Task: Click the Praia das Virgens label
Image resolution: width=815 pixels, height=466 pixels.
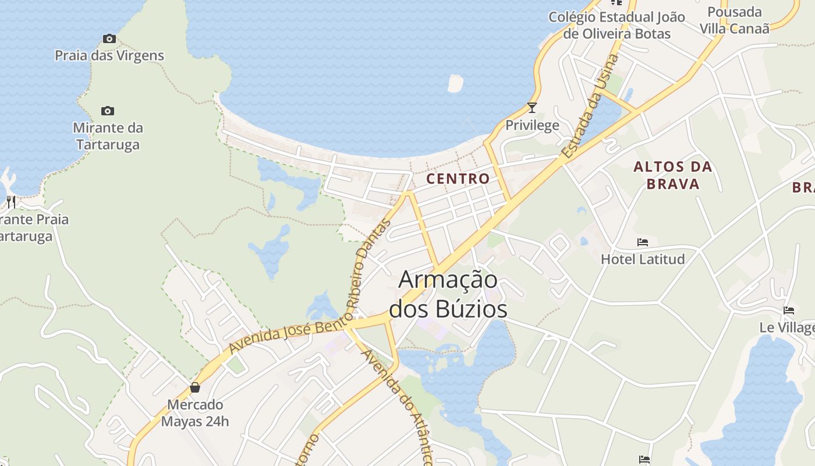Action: [x=109, y=56]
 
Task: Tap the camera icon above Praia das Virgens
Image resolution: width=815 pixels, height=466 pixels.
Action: [x=109, y=39]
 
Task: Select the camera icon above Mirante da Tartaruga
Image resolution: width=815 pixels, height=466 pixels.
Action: [x=108, y=111]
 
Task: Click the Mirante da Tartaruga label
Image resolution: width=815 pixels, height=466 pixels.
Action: [x=108, y=136]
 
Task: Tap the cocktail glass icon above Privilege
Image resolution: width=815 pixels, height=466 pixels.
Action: [x=531, y=107]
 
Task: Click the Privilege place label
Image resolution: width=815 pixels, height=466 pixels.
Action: [x=531, y=125]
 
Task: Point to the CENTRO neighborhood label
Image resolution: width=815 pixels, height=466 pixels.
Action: [x=458, y=179]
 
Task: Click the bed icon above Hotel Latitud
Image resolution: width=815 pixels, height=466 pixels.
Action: [x=643, y=242]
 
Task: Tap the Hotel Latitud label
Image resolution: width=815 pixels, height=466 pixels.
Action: [x=643, y=259]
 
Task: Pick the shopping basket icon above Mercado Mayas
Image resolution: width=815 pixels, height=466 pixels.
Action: [x=195, y=387]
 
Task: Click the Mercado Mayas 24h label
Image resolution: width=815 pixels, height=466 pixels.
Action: [x=195, y=412]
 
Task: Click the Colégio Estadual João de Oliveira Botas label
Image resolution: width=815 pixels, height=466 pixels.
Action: [x=616, y=25]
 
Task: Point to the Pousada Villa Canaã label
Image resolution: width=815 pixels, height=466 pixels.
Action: [x=734, y=20]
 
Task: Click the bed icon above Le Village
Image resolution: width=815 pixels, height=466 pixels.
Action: [x=789, y=310]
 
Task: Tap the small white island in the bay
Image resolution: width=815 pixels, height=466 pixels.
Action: [x=455, y=83]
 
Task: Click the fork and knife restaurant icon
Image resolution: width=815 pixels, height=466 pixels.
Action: [x=11, y=202]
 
